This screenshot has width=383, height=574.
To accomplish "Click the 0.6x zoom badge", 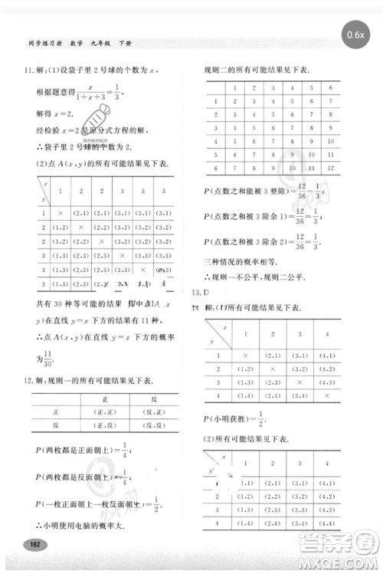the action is coord(355,34).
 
